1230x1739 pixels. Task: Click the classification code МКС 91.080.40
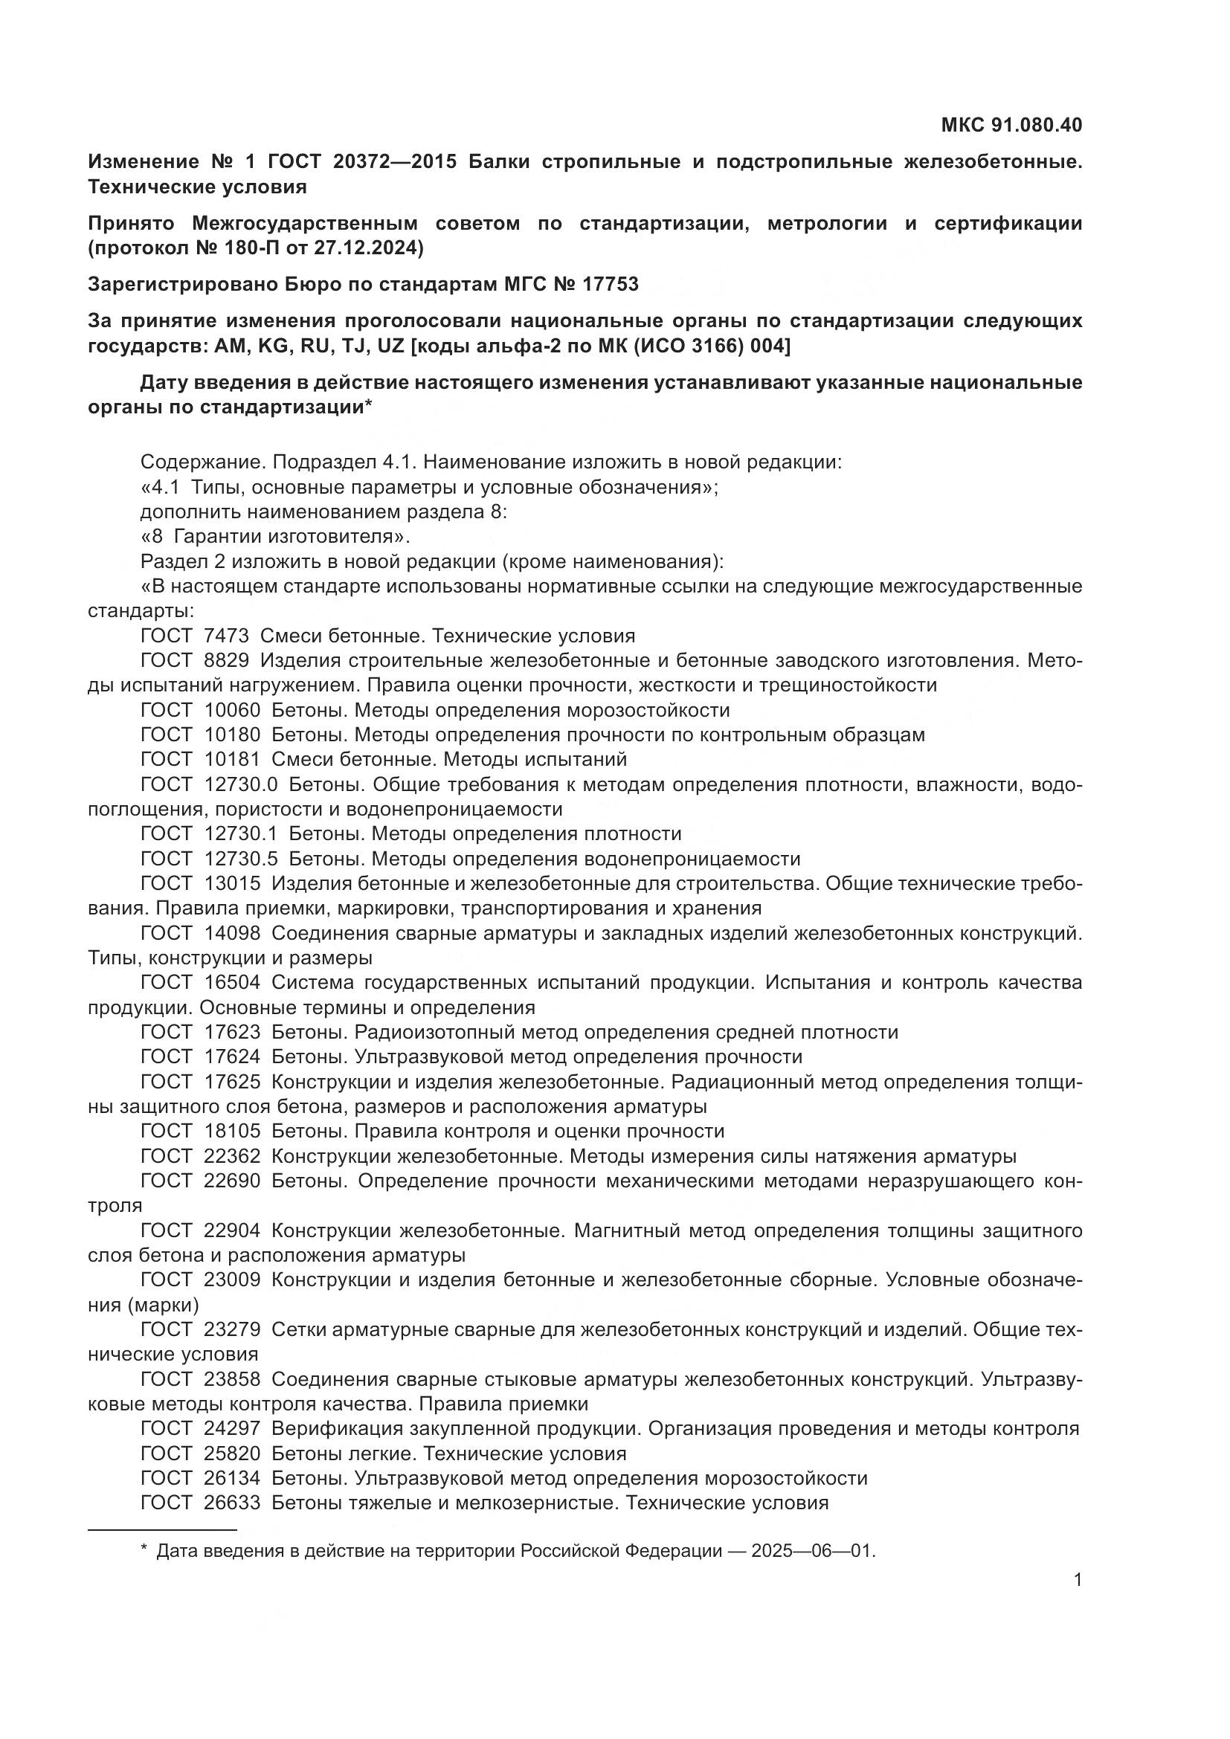point(1011,125)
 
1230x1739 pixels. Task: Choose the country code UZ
point(387,346)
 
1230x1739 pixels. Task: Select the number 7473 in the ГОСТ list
point(227,636)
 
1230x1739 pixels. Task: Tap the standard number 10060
point(233,711)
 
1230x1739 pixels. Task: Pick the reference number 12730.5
point(241,859)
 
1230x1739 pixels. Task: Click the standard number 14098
point(233,933)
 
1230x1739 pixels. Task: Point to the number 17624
point(233,1056)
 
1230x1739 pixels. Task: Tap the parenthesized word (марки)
point(164,1305)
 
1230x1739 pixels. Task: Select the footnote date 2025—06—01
point(813,1551)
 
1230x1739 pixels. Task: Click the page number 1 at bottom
point(1078,1580)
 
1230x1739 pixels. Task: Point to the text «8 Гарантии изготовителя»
point(275,537)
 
